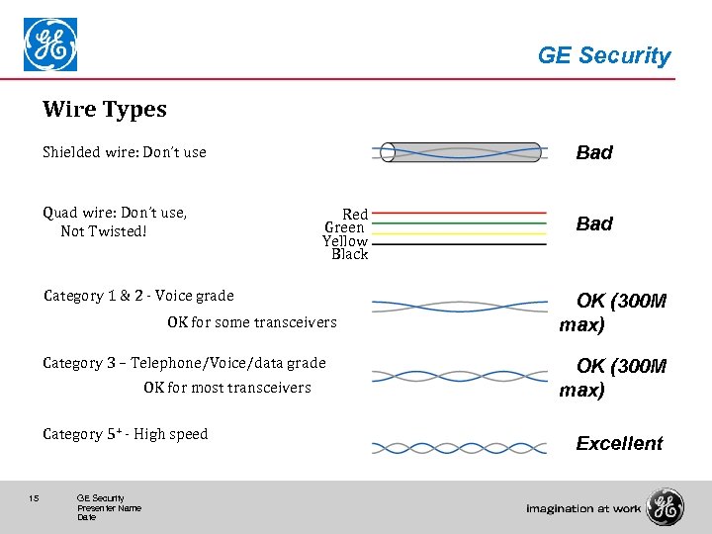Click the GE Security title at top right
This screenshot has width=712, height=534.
click(603, 55)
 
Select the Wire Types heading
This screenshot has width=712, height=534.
click(105, 110)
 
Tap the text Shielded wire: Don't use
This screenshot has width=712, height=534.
click(125, 152)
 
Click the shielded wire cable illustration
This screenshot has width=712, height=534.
click(460, 152)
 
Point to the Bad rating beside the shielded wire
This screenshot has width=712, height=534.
click(594, 152)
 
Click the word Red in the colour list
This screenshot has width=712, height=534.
click(355, 215)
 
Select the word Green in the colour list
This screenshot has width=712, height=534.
click(345, 228)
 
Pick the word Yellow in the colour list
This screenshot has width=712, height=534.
click(344, 241)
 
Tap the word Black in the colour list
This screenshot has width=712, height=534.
click(349, 254)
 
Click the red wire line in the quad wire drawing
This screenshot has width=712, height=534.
click(460, 213)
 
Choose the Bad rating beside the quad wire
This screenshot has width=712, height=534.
click(594, 223)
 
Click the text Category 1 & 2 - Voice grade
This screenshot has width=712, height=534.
click(139, 296)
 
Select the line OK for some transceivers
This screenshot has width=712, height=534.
click(251, 322)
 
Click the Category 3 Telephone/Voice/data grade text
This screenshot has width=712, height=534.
click(184, 363)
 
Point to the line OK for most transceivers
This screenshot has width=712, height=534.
click(226, 388)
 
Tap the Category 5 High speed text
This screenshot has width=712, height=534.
click(126, 434)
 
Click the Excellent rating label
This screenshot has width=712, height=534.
click(619, 443)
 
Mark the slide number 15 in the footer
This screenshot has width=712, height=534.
click(35, 498)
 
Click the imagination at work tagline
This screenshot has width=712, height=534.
click(583, 508)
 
